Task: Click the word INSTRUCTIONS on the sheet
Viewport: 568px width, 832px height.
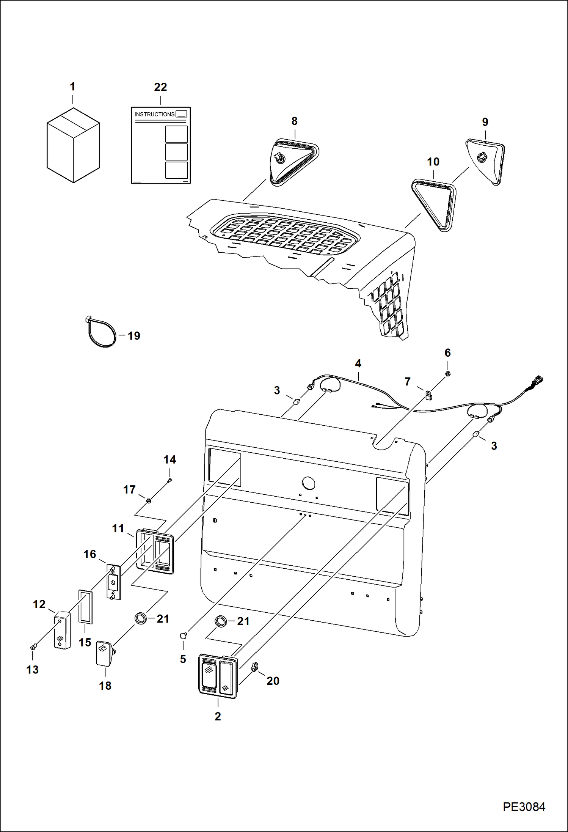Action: click(154, 114)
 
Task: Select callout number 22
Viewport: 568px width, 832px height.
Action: click(160, 87)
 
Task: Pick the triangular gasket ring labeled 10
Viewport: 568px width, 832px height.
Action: click(434, 205)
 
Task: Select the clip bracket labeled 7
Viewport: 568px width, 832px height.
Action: click(428, 395)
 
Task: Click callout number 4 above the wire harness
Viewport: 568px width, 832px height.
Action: click(358, 363)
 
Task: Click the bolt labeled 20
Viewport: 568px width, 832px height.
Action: click(255, 667)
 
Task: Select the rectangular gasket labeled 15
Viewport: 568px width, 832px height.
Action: click(86, 607)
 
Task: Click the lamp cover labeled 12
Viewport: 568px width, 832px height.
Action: click(62, 630)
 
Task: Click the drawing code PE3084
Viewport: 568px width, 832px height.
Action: click(524, 807)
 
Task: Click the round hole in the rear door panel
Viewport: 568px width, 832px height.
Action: click(308, 483)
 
